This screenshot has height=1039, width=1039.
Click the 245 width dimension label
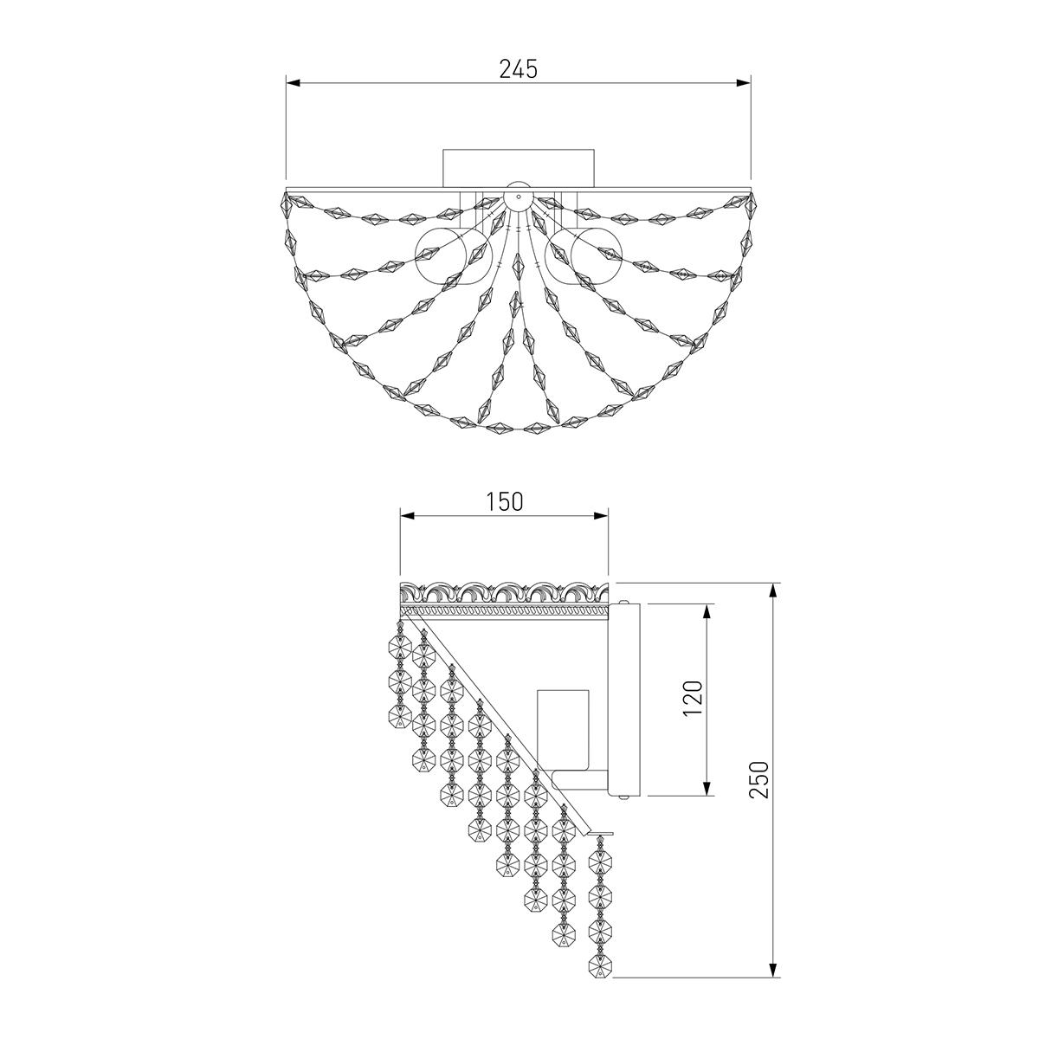click(x=518, y=69)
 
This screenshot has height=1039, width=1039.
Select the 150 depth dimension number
click(x=504, y=501)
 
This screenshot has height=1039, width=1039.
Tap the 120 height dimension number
click(x=693, y=698)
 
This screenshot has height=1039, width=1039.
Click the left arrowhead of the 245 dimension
click(x=292, y=83)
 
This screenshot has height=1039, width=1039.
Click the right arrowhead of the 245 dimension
click(x=744, y=83)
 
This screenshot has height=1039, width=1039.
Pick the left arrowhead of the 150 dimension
click(x=405, y=515)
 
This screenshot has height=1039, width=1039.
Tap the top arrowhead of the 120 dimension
click(x=709, y=610)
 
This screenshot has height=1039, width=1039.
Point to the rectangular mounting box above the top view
click(x=518, y=167)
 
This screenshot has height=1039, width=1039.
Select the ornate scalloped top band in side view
click(x=504, y=593)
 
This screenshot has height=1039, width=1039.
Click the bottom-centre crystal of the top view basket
click(x=518, y=427)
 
